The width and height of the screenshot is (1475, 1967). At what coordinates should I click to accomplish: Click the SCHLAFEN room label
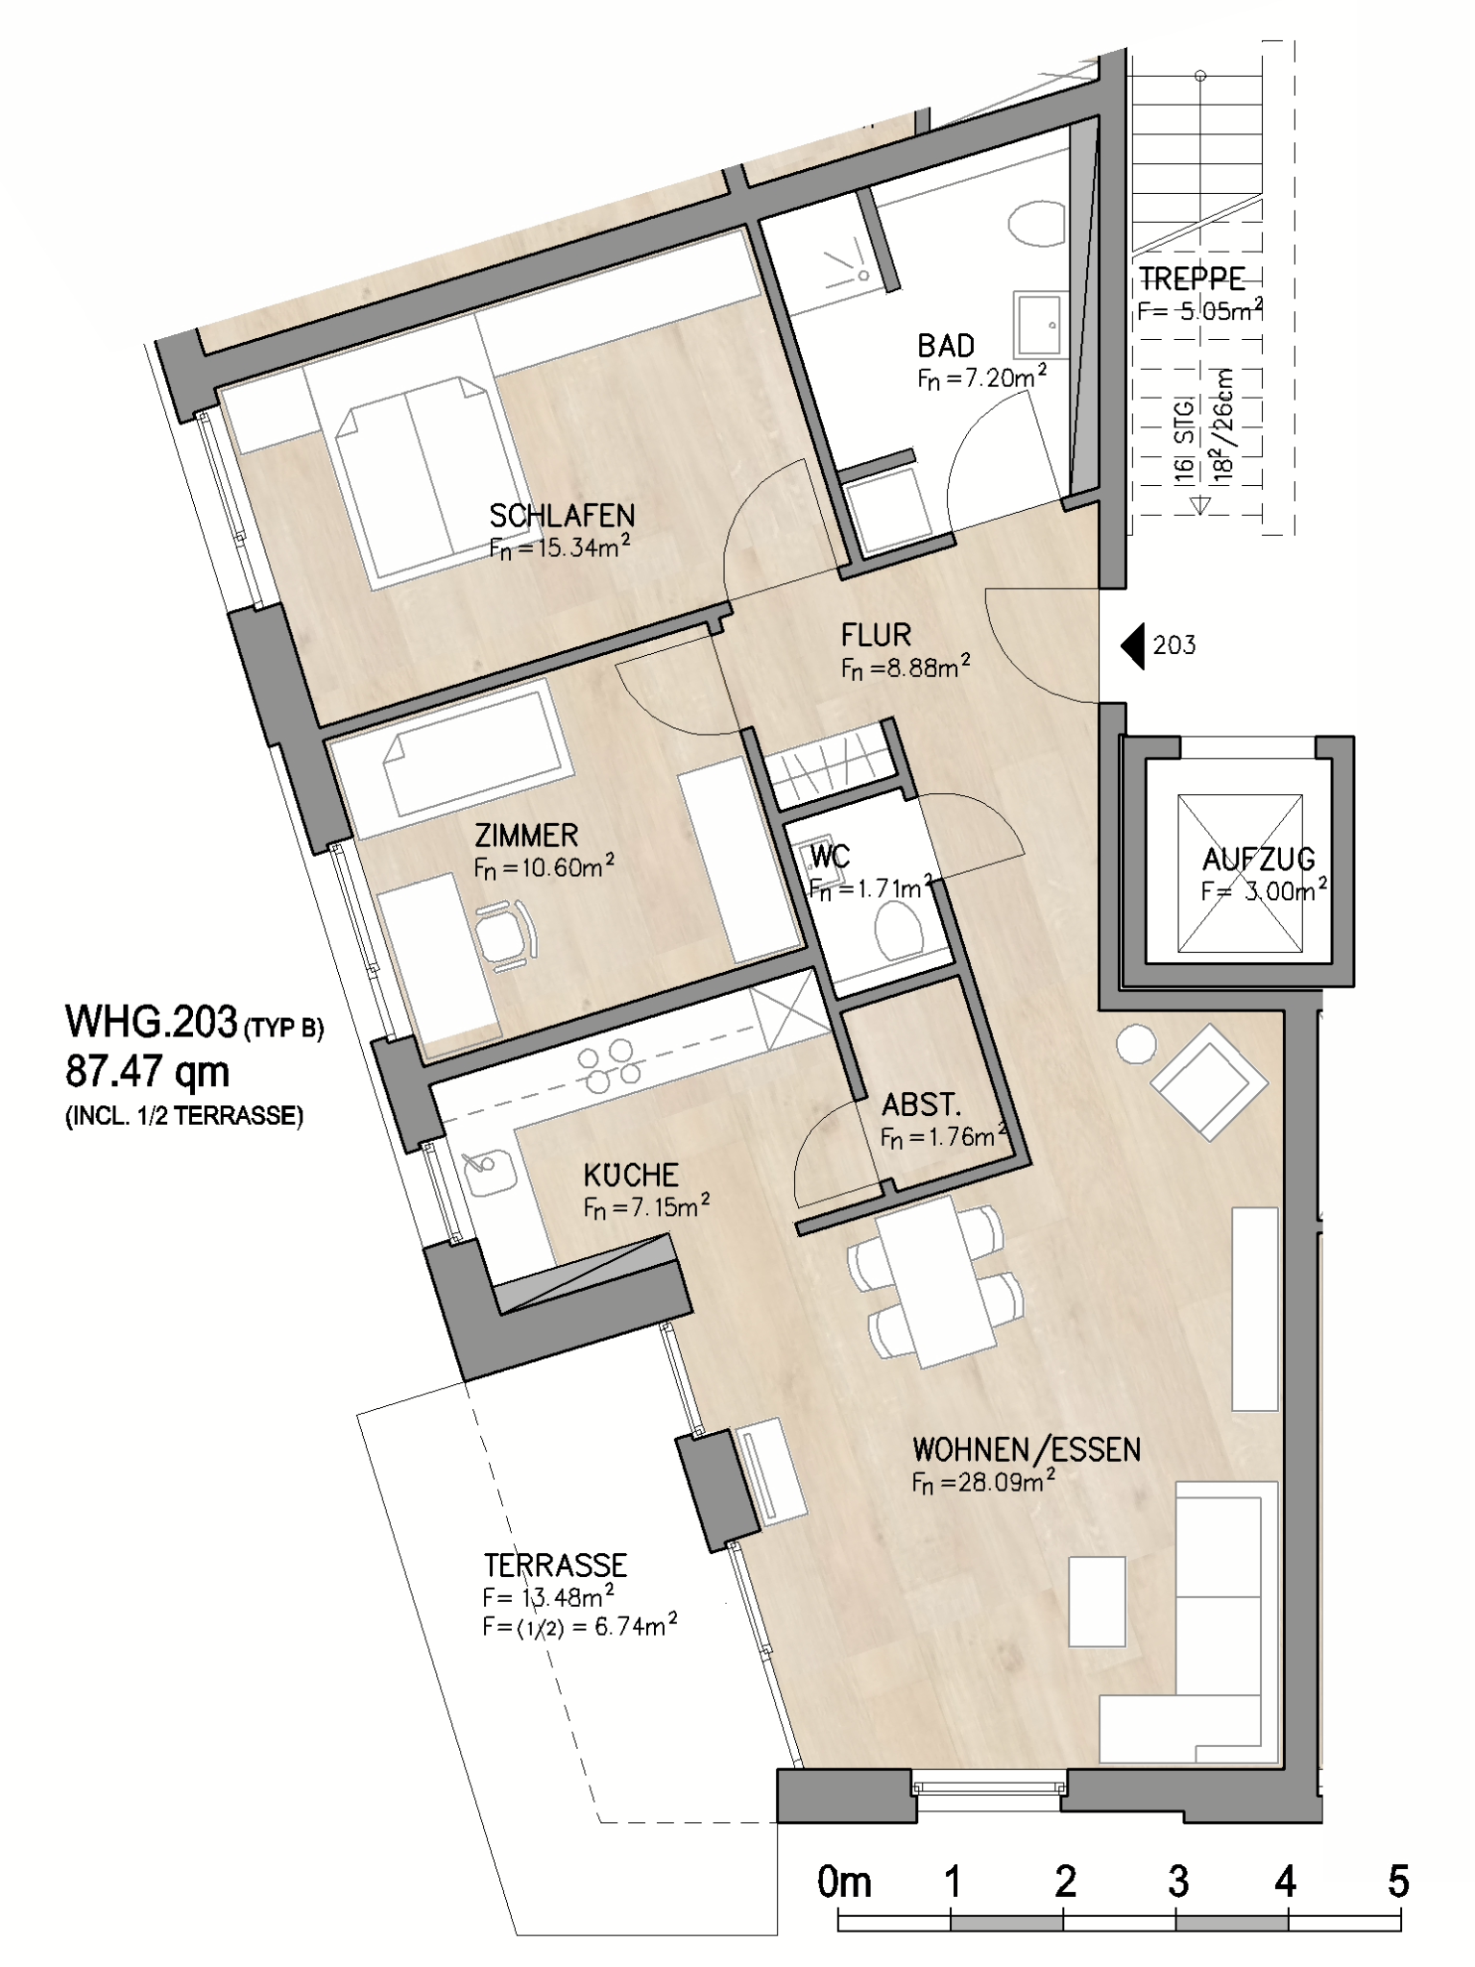click(562, 516)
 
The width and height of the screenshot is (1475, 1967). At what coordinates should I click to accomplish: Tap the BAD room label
click(946, 346)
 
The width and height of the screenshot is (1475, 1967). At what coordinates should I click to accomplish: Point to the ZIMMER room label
click(526, 835)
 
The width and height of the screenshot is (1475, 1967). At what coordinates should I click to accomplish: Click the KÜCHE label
click(631, 1174)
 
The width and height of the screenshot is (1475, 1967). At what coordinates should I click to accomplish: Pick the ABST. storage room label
click(922, 1105)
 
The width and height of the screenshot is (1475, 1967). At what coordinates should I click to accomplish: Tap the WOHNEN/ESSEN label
click(1027, 1449)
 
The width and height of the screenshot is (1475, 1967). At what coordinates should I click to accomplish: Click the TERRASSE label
click(555, 1566)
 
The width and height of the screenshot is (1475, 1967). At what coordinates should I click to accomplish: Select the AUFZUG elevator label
click(1259, 859)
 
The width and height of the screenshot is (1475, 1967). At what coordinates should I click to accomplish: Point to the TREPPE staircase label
click(1192, 279)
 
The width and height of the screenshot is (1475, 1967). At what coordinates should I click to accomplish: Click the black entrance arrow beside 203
click(1133, 645)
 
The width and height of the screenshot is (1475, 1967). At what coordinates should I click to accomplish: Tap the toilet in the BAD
click(1036, 223)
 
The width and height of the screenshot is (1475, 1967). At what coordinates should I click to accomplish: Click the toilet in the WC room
click(899, 930)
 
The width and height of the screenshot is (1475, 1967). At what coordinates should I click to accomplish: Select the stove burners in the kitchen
click(609, 1067)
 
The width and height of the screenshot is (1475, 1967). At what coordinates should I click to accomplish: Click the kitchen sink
click(488, 1173)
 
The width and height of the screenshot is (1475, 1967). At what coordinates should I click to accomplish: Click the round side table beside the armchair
click(1136, 1044)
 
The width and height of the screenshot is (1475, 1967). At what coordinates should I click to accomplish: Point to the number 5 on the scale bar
click(1398, 1881)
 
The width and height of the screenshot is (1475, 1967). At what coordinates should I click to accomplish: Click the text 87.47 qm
click(148, 1071)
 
